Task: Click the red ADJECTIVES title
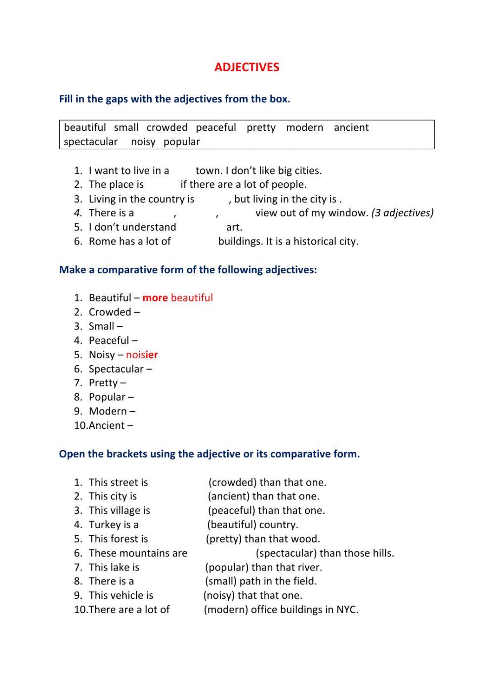(247, 67)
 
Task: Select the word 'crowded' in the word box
(167, 127)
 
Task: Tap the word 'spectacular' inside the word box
(91, 142)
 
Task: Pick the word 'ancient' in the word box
(351, 127)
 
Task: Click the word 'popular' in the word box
(182, 142)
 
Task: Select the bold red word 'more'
(155, 298)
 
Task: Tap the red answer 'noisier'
(142, 355)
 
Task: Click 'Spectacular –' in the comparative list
(120, 369)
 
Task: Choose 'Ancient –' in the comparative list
(111, 425)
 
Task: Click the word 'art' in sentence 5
(233, 227)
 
